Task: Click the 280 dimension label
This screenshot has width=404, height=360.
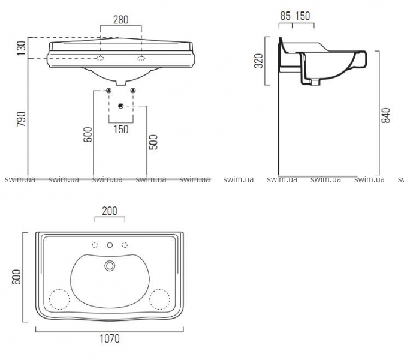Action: [x=120, y=20]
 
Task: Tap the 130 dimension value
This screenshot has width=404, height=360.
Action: [x=22, y=48]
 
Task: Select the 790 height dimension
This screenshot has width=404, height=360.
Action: [x=22, y=119]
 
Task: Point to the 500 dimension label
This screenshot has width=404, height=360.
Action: [x=153, y=142]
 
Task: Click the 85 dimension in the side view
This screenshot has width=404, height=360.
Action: [x=285, y=16]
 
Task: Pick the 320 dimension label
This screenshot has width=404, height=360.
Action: [x=259, y=61]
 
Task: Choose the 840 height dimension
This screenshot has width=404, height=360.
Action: [x=385, y=115]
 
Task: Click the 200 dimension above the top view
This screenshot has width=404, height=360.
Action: [x=110, y=211]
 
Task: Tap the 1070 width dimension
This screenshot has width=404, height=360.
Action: [x=110, y=338]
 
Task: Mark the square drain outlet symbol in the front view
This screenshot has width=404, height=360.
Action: [x=121, y=106]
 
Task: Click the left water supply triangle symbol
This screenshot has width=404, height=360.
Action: [x=108, y=91]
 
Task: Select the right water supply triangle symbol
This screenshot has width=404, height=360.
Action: [x=133, y=91]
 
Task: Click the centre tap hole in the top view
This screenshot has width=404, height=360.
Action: [x=110, y=245]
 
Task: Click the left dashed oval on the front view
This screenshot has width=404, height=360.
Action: [x=100, y=58]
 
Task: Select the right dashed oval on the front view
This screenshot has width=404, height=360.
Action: [x=141, y=58]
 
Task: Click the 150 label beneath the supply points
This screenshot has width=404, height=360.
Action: [x=121, y=129]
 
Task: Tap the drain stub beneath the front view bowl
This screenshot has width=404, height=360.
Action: [x=121, y=83]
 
